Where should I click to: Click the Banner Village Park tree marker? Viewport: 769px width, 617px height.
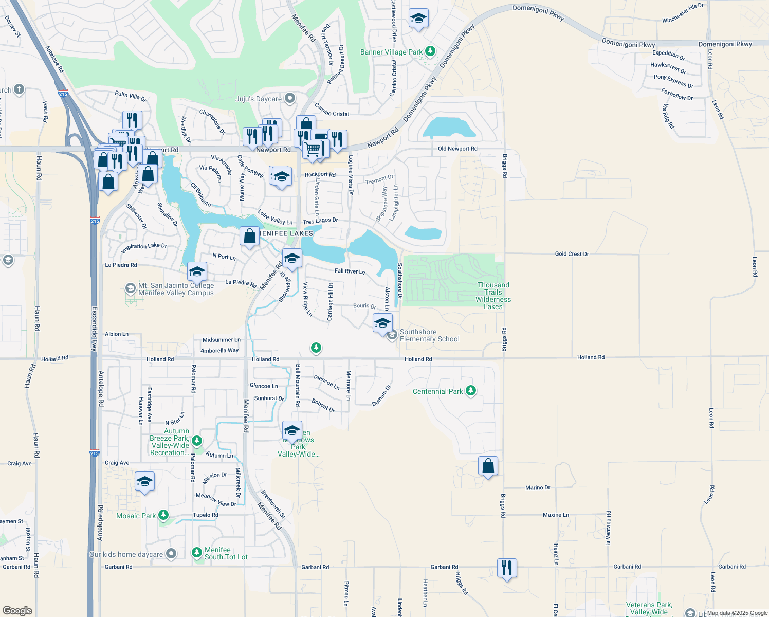point(431,51)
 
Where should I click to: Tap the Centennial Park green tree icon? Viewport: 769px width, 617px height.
point(470,391)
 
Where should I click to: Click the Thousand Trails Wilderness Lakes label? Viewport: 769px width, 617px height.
point(493,296)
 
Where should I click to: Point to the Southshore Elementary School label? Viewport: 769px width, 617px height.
point(429,335)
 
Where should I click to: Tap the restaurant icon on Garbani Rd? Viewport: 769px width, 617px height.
point(507,568)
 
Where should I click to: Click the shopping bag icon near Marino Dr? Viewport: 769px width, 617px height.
point(488,466)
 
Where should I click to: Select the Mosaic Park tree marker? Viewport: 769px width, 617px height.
point(163,515)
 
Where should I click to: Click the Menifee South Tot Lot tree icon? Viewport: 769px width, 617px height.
point(197,553)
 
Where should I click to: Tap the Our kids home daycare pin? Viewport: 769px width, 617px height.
point(171,554)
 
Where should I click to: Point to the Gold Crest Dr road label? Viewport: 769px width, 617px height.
point(572,254)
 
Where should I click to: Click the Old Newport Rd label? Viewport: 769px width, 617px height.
point(457,149)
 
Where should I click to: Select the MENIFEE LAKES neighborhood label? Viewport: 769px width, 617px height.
point(286,233)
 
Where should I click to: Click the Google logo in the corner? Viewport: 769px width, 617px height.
point(17,611)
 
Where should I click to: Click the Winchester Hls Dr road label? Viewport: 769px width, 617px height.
point(683,13)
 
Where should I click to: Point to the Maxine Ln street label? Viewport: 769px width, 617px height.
point(556,515)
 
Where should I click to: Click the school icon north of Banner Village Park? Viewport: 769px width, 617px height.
point(418,19)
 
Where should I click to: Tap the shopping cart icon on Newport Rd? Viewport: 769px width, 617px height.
point(313,150)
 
